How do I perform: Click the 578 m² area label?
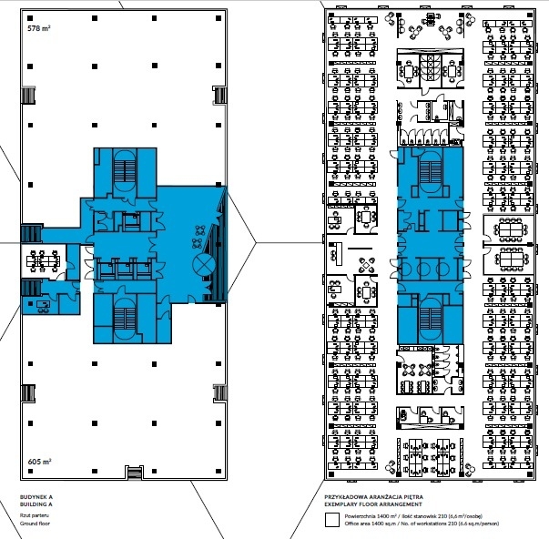coord(39,28)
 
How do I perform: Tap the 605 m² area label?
coord(39,462)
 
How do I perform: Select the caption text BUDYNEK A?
coord(36,497)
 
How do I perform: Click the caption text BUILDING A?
coord(36,504)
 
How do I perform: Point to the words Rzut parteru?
coord(35,515)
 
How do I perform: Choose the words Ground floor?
coord(35,524)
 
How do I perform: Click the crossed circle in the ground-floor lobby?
coord(204,265)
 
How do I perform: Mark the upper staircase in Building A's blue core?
coord(125,171)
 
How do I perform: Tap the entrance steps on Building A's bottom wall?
coord(135,473)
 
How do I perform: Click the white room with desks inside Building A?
coord(44,261)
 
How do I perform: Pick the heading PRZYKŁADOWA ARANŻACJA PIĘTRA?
coord(373,497)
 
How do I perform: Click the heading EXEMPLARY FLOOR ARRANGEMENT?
coord(373,504)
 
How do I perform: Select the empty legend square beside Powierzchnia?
coord(332,520)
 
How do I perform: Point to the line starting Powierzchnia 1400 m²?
coord(413,516)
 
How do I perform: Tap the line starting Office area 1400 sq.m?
coord(422,524)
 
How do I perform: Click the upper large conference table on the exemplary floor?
coord(511,229)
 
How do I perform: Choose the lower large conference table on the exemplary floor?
coord(511,259)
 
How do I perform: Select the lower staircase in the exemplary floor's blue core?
coord(431,320)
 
